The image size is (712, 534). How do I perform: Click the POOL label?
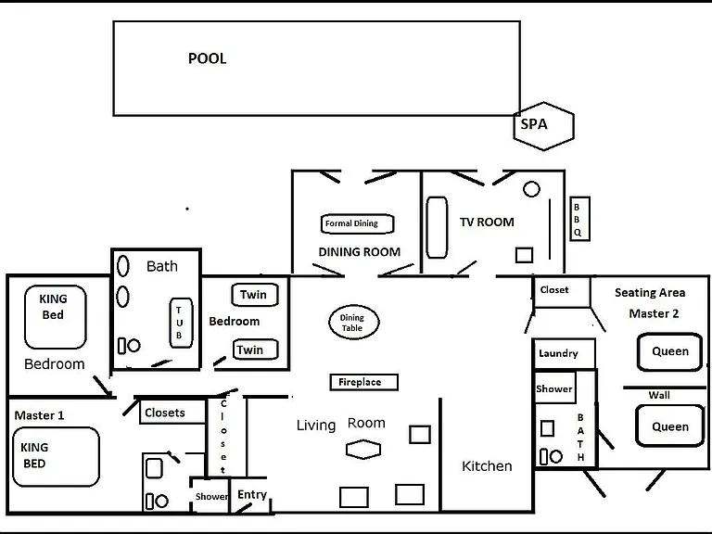coord(207,58)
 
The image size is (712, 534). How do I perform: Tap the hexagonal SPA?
coord(544,126)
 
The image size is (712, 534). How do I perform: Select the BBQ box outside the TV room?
coord(579,219)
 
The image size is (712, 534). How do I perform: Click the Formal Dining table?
coord(357,223)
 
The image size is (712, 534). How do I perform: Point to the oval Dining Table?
coord(354,323)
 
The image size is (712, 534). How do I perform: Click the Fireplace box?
coord(364,382)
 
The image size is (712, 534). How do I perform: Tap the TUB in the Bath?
coord(181,323)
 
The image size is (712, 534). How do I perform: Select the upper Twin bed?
coord(255,295)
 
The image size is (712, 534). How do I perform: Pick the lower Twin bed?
coord(256,350)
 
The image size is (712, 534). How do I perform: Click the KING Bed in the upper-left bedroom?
coord(56,316)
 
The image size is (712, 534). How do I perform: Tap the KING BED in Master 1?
coord(56,456)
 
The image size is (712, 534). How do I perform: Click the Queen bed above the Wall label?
coord(669,352)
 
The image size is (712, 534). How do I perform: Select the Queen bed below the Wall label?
coord(669,426)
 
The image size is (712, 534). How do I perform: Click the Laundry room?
coord(564,354)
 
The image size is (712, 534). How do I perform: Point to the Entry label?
coord(252,494)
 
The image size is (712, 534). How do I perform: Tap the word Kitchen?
coord(487,466)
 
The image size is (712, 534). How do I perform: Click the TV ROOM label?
coord(487,222)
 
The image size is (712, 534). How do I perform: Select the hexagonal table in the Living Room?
coord(363,450)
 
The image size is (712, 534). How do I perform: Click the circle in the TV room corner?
coord(531,189)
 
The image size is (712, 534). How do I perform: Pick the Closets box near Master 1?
coord(172,412)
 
